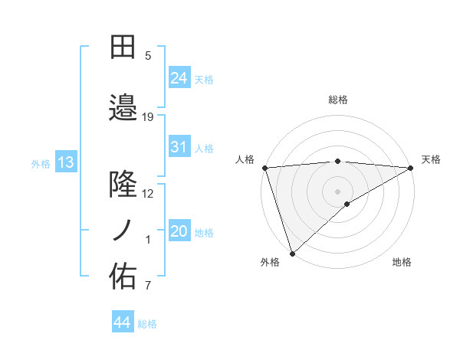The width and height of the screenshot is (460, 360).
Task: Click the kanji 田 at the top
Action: pos(123,48)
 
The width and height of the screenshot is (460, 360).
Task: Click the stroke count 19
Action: pos(148,116)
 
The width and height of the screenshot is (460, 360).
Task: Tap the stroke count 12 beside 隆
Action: pos(148,193)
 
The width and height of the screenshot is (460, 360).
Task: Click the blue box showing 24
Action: pos(179,77)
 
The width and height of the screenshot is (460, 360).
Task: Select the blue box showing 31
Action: pos(179,147)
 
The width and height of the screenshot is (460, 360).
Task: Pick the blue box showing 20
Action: pos(179,232)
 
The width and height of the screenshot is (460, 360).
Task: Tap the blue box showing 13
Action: pos(65,162)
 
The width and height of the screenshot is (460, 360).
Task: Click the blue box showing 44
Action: pos(122,323)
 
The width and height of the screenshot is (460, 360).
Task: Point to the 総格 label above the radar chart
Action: pos(338,100)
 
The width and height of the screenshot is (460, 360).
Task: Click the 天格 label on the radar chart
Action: pos(431,159)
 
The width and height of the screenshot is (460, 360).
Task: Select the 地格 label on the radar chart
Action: pos(402,262)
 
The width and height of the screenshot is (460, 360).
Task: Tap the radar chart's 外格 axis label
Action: pos(270,262)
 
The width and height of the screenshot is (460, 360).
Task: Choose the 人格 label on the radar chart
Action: pos(245,159)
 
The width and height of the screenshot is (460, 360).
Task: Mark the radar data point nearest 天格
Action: pos(411,168)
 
